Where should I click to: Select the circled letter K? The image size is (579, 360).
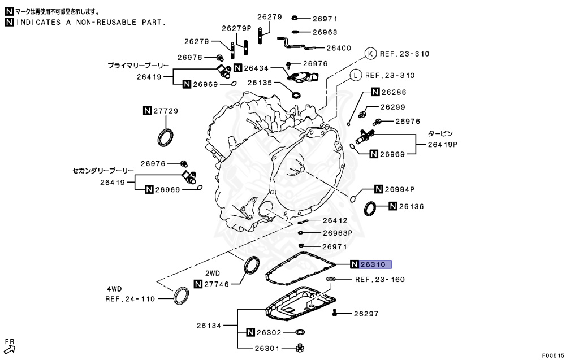click(x=370, y=54)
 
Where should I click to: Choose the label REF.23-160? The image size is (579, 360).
click(x=380, y=280)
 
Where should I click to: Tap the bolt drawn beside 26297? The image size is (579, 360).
click(x=335, y=313)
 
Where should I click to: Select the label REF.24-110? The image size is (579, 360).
click(x=129, y=299)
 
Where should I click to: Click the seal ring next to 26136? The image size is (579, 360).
click(x=371, y=208)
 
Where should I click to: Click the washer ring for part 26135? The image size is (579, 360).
click(x=296, y=92)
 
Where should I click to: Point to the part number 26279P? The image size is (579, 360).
click(x=236, y=28)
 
